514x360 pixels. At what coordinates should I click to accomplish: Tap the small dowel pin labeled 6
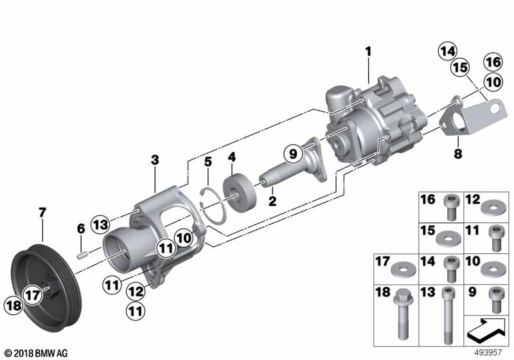click(82, 255)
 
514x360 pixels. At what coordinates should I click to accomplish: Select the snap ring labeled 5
click(213, 206)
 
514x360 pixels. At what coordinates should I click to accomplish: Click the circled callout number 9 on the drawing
click(293, 154)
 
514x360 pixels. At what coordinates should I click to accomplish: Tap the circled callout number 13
click(100, 224)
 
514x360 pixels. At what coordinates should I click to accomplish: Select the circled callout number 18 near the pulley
click(13, 305)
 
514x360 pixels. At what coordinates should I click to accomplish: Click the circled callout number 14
click(447, 51)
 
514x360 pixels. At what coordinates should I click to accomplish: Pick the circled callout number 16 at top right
click(493, 62)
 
